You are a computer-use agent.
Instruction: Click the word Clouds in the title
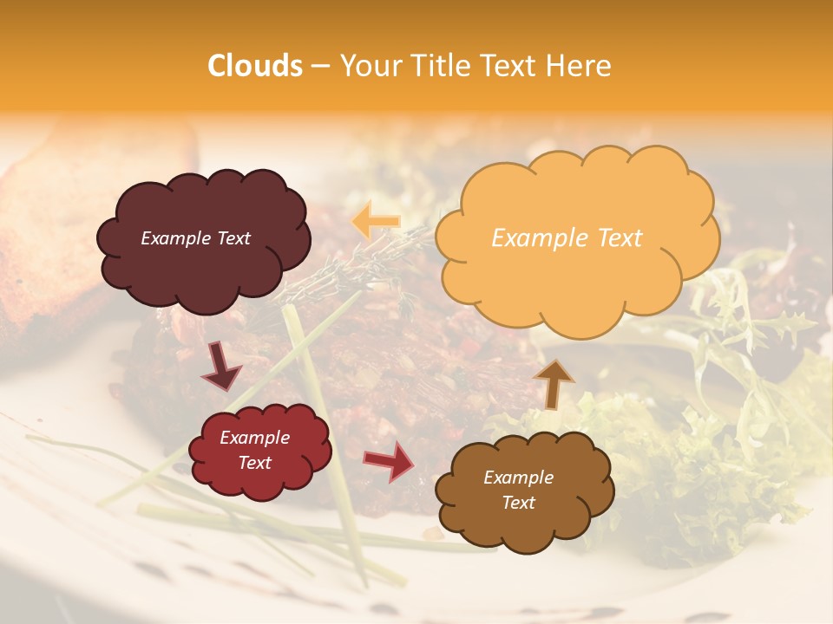(x=255, y=66)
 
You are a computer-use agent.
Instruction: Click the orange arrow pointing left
(x=375, y=221)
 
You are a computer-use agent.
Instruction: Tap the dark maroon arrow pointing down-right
(x=221, y=367)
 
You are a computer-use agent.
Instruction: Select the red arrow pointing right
(x=389, y=461)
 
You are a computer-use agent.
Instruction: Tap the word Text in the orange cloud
(x=616, y=237)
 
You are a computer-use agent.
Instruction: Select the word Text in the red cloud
(x=255, y=463)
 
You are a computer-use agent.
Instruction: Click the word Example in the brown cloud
(x=518, y=478)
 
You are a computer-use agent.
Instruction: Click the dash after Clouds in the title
(x=319, y=67)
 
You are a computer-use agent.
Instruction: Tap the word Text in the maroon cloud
(x=233, y=238)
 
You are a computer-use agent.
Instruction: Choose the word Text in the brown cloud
(x=519, y=503)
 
